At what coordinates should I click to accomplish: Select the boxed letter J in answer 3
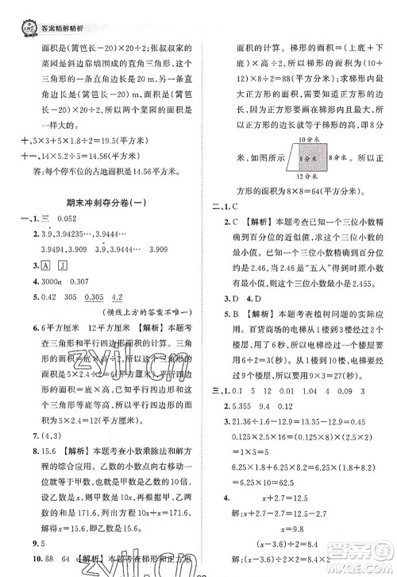pos(62,265)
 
